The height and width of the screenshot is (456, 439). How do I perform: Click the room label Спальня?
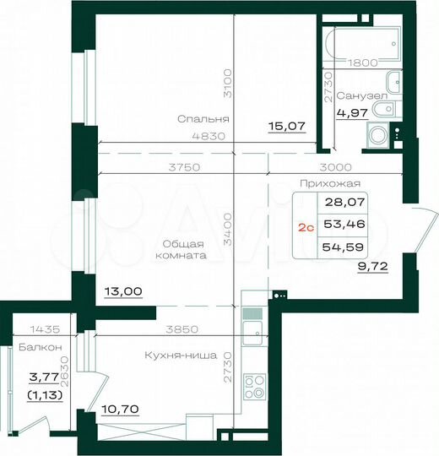pos(203,119)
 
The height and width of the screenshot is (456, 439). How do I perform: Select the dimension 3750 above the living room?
pos(184,167)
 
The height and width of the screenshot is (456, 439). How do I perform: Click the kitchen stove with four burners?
pos(254,388)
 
